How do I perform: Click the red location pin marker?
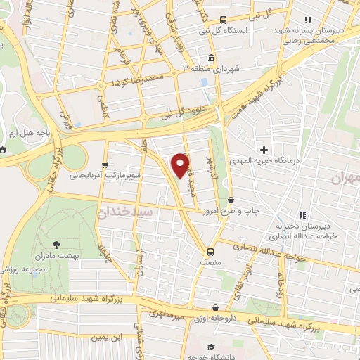tap(181, 165)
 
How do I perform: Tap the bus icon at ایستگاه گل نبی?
tap(223, 20)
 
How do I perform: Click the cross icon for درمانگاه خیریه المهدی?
tap(264, 149)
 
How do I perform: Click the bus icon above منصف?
tap(210, 251)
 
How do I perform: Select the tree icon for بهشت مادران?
tap(56, 245)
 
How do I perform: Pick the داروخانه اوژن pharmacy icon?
tap(216, 307)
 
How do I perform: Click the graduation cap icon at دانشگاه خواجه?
tap(210, 348)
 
